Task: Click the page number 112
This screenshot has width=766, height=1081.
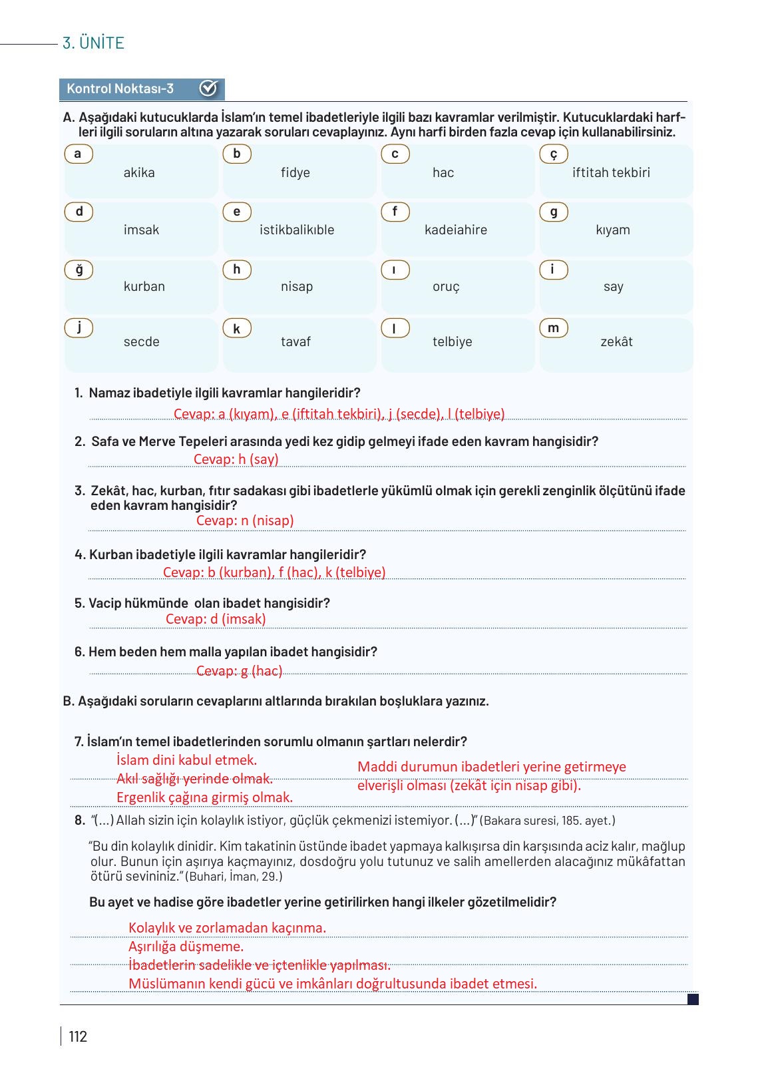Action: tap(78, 1036)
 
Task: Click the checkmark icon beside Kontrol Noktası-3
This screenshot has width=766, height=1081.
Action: tap(208, 89)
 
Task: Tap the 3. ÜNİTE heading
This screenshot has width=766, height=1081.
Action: tap(93, 43)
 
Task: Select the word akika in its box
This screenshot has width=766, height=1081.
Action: tap(139, 172)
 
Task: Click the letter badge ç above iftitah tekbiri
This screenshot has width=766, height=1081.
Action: tap(553, 154)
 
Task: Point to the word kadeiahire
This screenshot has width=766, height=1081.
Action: tap(456, 230)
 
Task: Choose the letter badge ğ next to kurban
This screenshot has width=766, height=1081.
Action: tap(79, 270)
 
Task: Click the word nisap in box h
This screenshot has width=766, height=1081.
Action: tap(297, 286)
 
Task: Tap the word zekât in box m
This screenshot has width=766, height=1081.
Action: tap(616, 341)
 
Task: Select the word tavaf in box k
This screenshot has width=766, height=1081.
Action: tap(295, 341)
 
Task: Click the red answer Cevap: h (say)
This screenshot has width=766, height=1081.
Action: tap(236, 459)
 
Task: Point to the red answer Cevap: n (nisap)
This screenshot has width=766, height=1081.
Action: tap(245, 521)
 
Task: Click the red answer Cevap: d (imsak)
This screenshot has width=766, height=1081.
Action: tap(216, 619)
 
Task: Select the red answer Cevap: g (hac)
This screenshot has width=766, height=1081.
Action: tap(239, 671)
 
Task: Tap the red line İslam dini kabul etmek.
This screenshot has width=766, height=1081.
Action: tap(186, 760)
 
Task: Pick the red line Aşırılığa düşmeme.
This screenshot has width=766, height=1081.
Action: tap(186, 947)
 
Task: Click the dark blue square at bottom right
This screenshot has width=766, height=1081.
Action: tap(693, 999)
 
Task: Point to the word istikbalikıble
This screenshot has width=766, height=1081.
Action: tap(297, 230)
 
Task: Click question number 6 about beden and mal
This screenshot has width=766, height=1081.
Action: tap(80, 652)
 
